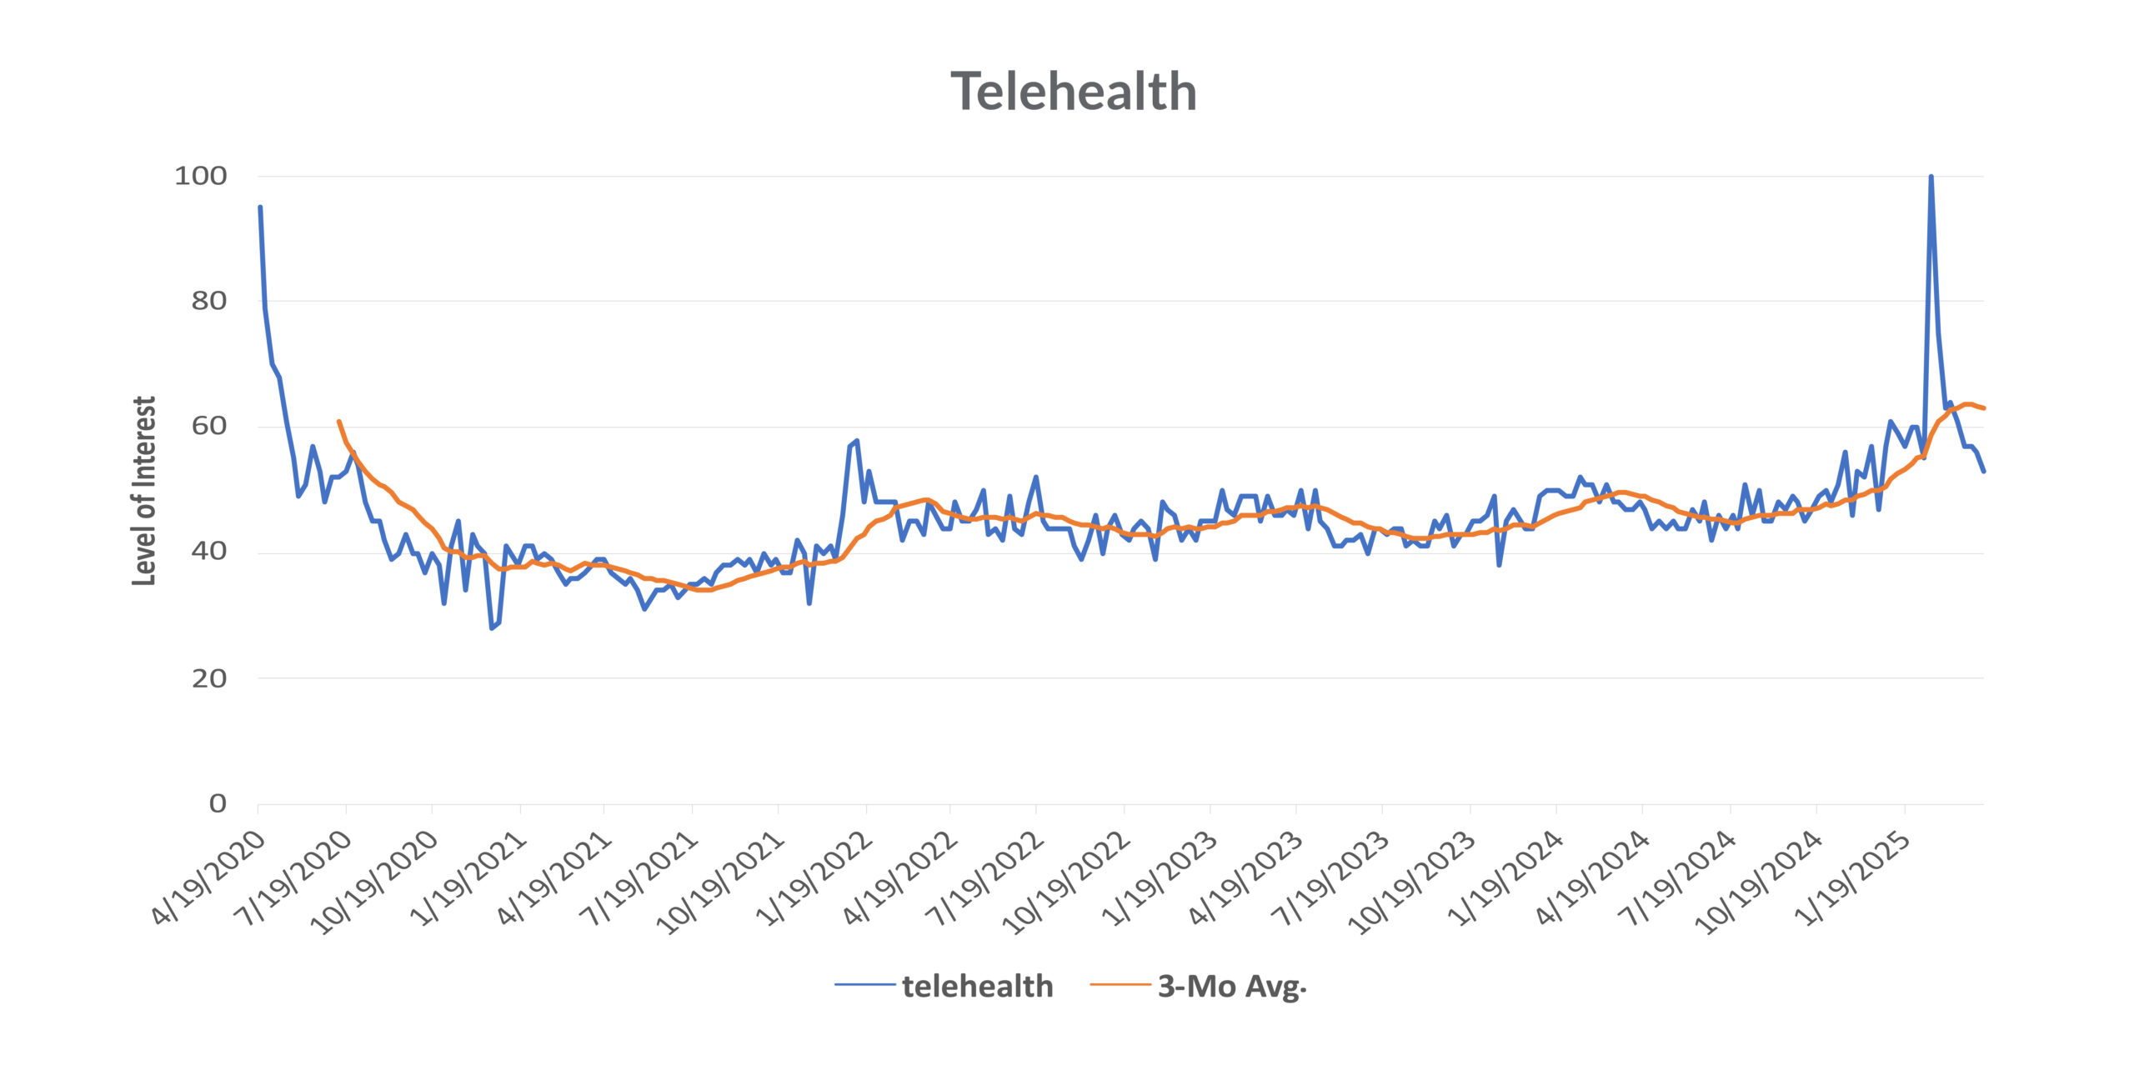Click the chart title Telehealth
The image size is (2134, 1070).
pos(1074,92)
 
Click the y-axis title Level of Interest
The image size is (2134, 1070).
pos(144,491)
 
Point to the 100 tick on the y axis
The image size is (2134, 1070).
pos(201,176)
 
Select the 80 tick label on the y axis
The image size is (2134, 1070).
pos(208,301)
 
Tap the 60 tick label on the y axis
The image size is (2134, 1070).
pos(208,426)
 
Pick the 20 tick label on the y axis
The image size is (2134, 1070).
pos(208,678)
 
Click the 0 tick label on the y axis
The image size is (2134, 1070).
pos(218,803)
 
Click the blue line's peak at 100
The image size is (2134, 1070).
pos(1931,177)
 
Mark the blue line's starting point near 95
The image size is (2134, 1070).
pos(260,207)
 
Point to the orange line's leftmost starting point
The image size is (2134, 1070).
pos(338,422)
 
